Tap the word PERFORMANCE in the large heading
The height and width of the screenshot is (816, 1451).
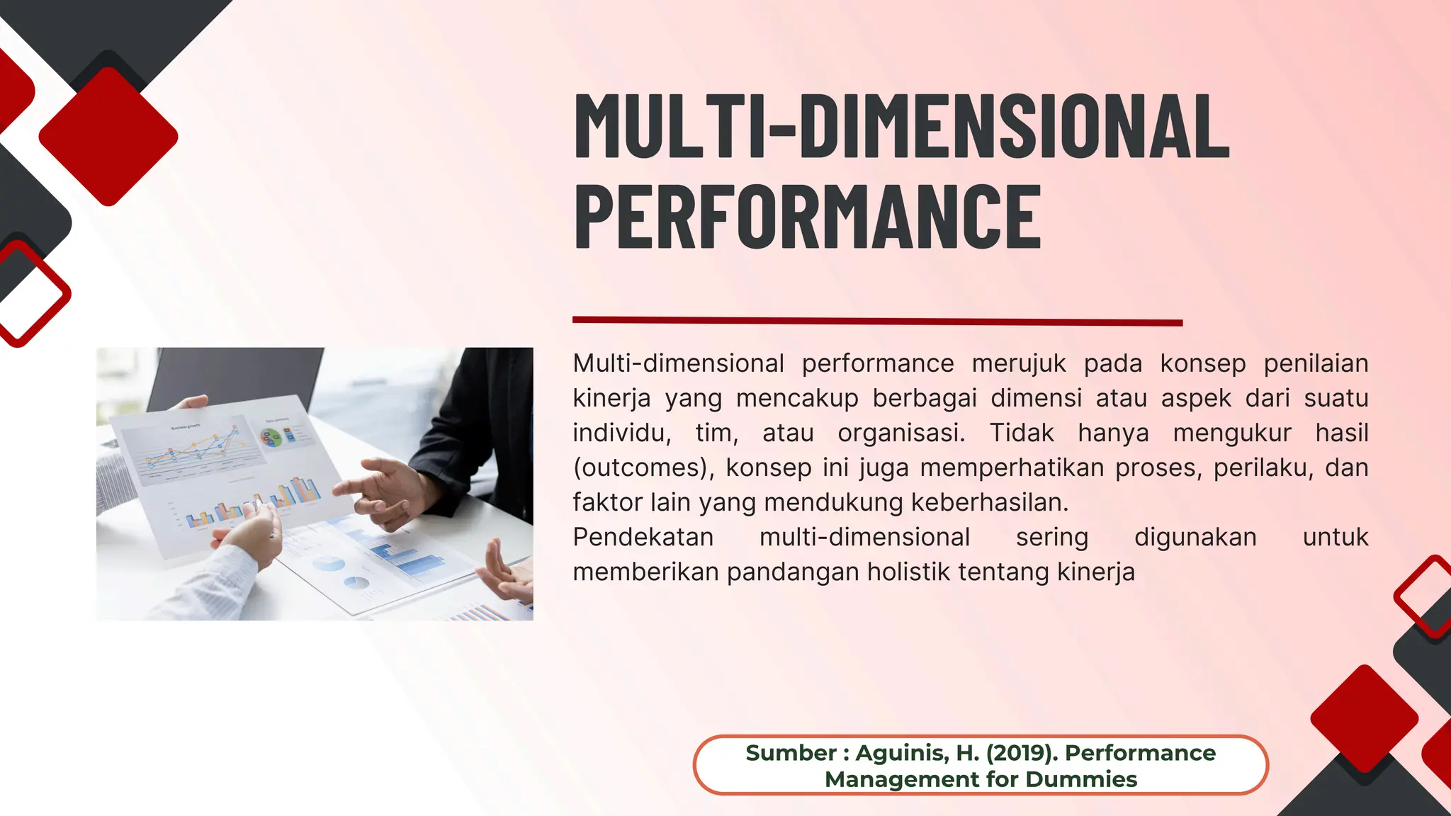click(808, 216)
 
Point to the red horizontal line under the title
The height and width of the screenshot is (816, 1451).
click(877, 322)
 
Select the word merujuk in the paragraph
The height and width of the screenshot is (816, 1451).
click(1018, 363)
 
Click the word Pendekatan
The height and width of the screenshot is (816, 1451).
click(643, 537)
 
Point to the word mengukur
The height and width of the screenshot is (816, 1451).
click(1232, 433)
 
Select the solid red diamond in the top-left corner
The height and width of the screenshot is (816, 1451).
click(108, 136)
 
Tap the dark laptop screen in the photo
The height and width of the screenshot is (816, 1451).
click(234, 375)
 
